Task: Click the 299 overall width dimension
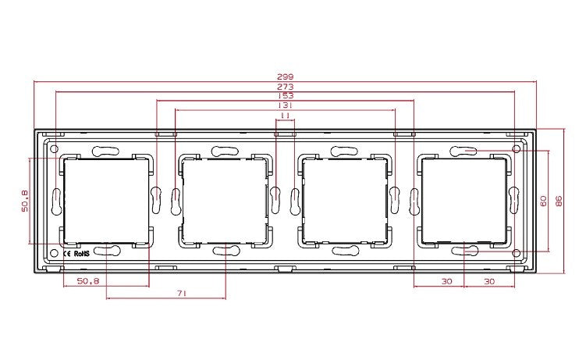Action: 285,77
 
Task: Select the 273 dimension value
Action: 285,87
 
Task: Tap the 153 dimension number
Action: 285,96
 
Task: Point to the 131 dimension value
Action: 285,105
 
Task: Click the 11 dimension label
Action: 285,116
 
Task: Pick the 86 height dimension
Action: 559,201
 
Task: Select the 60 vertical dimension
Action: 543,201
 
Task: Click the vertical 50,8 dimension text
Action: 25,201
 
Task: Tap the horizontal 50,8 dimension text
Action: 88,281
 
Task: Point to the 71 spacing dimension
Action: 182,294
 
